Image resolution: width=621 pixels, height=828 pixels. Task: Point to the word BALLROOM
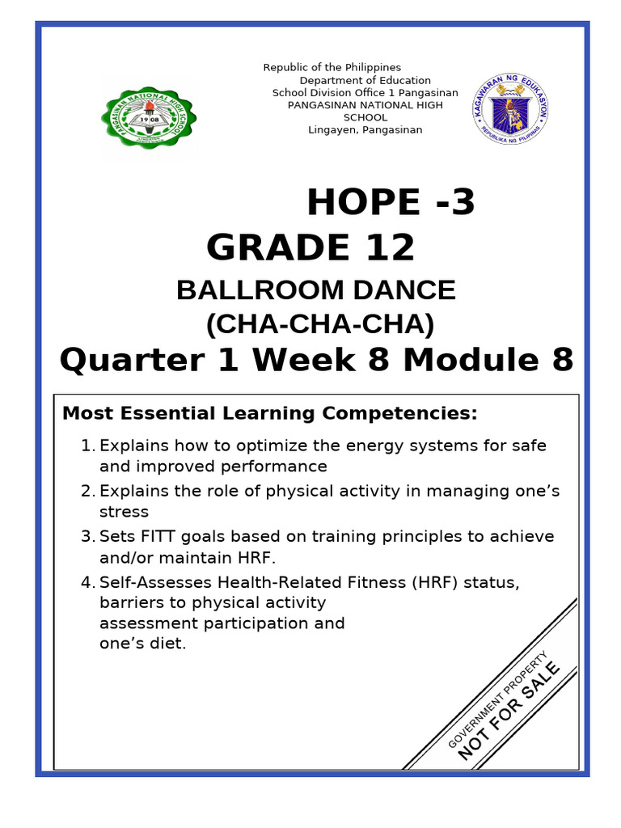(x=260, y=290)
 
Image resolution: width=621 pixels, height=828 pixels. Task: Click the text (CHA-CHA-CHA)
(x=320, y=324)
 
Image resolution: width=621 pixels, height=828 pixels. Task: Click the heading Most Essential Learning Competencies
(x=270, y=414)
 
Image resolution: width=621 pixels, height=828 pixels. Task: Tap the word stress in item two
(x=124, y=512)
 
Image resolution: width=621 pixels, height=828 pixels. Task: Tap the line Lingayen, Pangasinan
(x=365, y=130)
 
